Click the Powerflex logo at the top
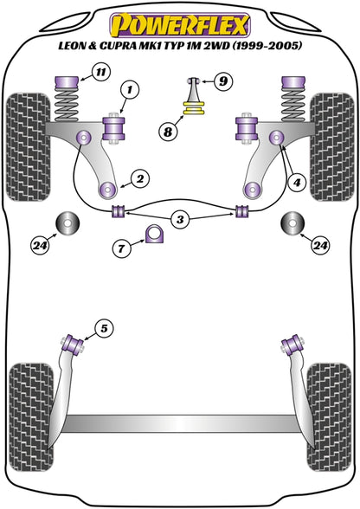pyautogui.click(x=180, y=25)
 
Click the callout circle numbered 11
pyautogui.click(x=101, y=72)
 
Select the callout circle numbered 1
pyautogui.click(x=130, y=89)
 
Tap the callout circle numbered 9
pyautogui.click(x=223, y=81)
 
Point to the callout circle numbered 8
pyautogui.click(x=168, y=132)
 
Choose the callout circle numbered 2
pyautogui.click(x=140, y=179)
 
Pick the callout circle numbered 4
pyautogui.click(x=297, y=183)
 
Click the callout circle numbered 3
pyautogui.click(x=180, y=220)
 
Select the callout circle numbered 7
pyautogui.click(x=121, y=248)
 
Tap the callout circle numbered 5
pyautogui.click(x=104, y=329)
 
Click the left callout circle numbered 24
pyautogui.click(x=41, y=246)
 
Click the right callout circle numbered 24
pyautogui.click(x=320, y=246)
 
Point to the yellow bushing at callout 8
pyautogui.click(x=195, y=108)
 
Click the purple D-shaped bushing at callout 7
pyautogui.click(x=155, y=234)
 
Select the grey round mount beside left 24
pyautogui.click(x=67, y=223)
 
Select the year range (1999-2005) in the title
pyautogui.click(x=267, y=46)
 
